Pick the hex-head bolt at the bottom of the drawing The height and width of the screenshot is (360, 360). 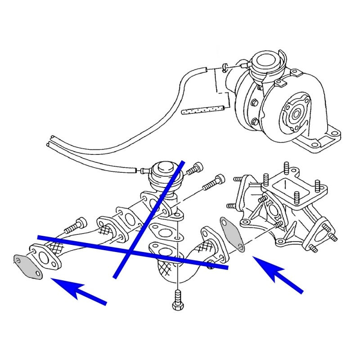178,302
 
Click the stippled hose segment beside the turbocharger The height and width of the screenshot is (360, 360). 203,110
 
